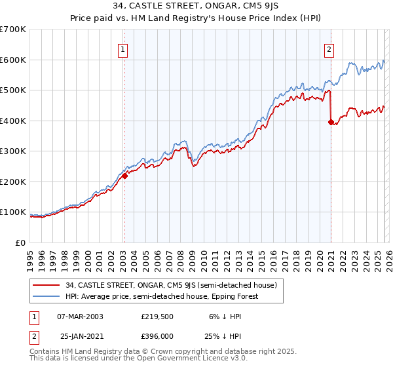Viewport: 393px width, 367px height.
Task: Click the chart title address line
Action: [196, 7]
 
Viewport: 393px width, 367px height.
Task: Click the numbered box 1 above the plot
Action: [124, 48]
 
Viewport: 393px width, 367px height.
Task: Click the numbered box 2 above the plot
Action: [329, 48]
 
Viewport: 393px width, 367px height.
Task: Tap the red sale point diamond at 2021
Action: [331, 121]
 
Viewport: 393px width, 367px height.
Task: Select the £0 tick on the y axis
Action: [20, 242]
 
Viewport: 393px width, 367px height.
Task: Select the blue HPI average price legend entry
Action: [162, 296]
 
